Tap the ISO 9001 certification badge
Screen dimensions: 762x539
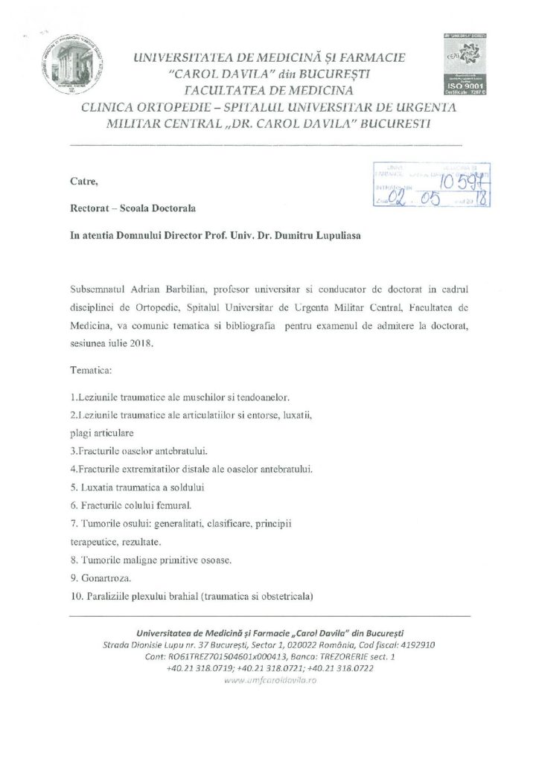(465, 65)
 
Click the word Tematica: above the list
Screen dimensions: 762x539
(92, 369)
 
